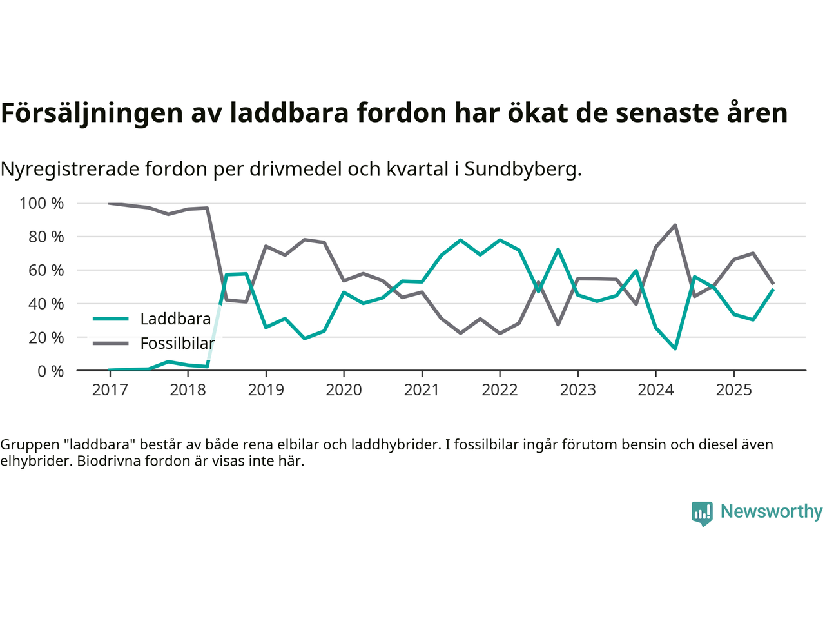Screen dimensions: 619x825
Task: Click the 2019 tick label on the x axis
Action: pos(266,390)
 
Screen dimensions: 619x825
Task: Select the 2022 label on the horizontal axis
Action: pos(500,390)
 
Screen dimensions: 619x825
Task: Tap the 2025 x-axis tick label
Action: pos(733,390)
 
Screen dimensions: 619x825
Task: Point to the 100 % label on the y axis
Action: pos(42,204)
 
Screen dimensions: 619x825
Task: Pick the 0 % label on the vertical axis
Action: pos(50,371)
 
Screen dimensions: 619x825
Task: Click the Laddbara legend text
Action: pos(175,319)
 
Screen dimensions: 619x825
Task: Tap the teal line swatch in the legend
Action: pos(110,319)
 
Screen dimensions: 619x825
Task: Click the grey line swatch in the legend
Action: pos(110,343)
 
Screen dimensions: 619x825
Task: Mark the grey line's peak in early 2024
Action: pos(675,225)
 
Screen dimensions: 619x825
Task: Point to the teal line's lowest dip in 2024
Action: pos(675,348)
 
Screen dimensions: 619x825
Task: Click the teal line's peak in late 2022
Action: pos(558,249)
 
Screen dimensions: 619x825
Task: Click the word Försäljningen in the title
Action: pos(92,113)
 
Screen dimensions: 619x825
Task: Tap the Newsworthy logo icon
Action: pos(702,513)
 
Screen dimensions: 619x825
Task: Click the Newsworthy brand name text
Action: pos(771,511)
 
